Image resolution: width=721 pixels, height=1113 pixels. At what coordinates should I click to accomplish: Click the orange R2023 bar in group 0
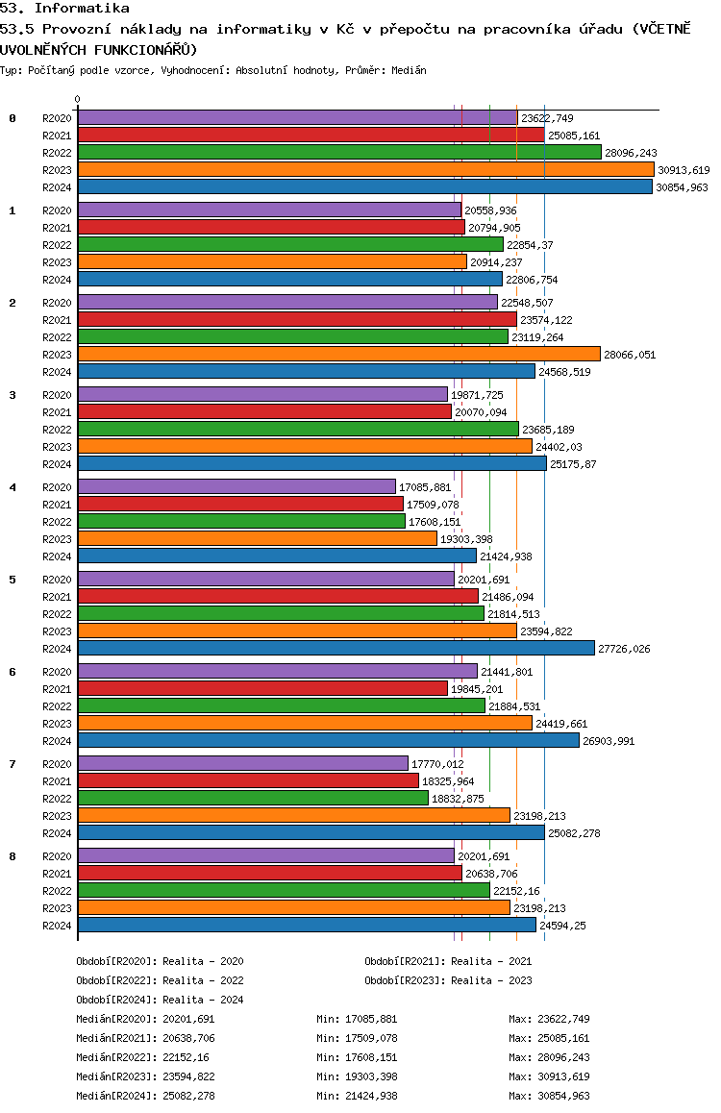pos(365,170)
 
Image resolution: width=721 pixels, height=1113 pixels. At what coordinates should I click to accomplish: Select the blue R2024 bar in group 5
pos(336,648)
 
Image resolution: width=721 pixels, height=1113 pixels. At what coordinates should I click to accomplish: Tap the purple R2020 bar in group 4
pos(236,486)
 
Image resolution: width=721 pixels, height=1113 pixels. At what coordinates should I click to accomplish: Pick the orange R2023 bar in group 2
pos(339,355)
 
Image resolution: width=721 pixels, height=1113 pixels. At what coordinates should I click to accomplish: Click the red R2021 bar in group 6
pos(262,688)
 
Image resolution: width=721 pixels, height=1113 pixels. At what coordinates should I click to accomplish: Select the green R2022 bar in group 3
pos(298,429)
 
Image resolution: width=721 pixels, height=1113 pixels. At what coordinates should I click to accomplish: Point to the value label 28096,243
pos(631,153)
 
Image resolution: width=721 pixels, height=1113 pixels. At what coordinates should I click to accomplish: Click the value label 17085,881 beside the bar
pos(425,487)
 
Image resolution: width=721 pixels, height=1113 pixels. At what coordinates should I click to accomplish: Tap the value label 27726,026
pos(624,649)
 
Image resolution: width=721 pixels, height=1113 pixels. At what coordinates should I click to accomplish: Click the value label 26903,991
pos(609,741)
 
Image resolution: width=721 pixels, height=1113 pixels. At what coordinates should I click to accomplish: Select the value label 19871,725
pos(477,395)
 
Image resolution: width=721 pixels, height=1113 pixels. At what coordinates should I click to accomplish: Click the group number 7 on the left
pos(12,764)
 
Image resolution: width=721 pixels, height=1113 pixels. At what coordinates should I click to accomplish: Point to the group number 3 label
pos(12,395)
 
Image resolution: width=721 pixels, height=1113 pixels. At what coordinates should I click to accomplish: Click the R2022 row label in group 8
pos(57,891)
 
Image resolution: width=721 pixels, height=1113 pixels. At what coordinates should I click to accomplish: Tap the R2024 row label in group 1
pos(57,280)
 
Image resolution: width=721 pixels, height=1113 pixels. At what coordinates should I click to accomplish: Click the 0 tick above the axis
pos(77,99)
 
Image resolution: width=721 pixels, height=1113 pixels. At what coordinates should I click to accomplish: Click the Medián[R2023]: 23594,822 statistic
pos(145,1076)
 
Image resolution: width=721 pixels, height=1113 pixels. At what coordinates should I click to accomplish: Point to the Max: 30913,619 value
pos(549,1076)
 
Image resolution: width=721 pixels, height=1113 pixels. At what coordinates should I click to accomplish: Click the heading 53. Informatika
pos(64,9)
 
